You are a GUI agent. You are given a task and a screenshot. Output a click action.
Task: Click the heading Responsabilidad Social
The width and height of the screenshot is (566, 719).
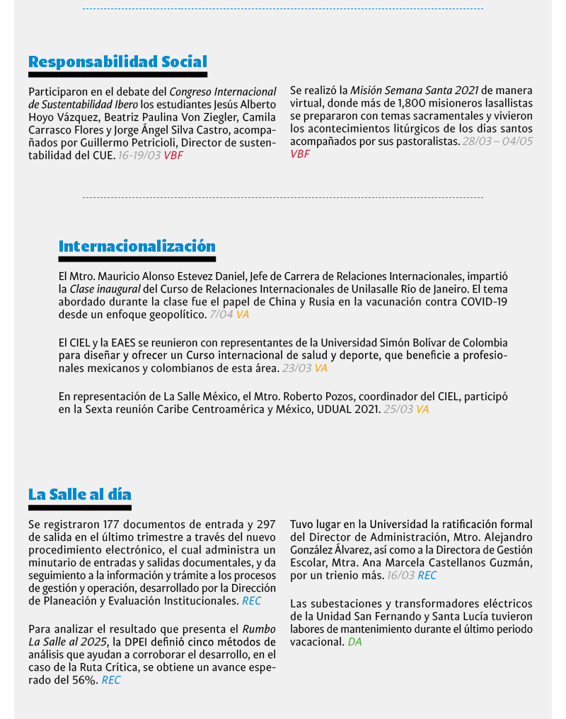click(117, 62)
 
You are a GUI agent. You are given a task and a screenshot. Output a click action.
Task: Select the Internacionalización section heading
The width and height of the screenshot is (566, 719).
click(137, 246)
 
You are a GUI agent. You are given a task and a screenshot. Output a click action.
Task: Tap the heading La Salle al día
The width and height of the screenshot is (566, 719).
click(79, 493)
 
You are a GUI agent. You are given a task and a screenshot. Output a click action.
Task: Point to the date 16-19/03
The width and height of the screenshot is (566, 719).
click(139, 155)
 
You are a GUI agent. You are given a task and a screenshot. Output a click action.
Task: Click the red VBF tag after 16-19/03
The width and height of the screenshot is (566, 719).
click(173, 155)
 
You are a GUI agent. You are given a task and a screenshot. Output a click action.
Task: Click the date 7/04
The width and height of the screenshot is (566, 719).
click(221, 314)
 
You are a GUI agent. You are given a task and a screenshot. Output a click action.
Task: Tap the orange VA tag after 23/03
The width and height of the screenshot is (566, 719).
click(320, 368)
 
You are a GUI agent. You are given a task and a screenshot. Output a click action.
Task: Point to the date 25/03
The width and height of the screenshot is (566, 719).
click(398, 409)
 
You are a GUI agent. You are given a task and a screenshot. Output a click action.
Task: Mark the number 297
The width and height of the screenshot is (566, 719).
click(265, 524)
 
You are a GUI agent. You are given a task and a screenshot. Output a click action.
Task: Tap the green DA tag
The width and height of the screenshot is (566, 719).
click(354, 642)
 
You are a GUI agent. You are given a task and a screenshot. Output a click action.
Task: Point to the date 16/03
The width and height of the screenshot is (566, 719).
click(400, 575)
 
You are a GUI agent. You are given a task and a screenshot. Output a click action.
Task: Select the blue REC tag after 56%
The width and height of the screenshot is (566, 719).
click(111, 680)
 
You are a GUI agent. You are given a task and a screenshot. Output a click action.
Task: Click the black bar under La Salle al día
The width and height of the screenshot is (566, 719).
click(80, 507)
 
